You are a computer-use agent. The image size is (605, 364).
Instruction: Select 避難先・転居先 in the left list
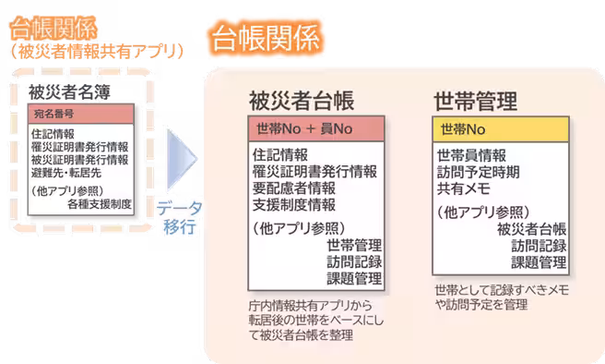[x=65, y=173]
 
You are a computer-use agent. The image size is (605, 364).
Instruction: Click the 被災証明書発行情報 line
[x=79, y=160]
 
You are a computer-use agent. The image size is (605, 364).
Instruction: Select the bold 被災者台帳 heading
[x=301, y=101]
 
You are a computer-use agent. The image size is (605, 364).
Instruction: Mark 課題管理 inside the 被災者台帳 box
[x=354, y=278]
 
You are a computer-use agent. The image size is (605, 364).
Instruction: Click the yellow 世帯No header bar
[x=499, y=128]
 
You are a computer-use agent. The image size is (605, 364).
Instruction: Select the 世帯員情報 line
[x=470, y=154]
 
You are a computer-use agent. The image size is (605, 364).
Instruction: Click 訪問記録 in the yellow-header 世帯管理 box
[x=539, y=245]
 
